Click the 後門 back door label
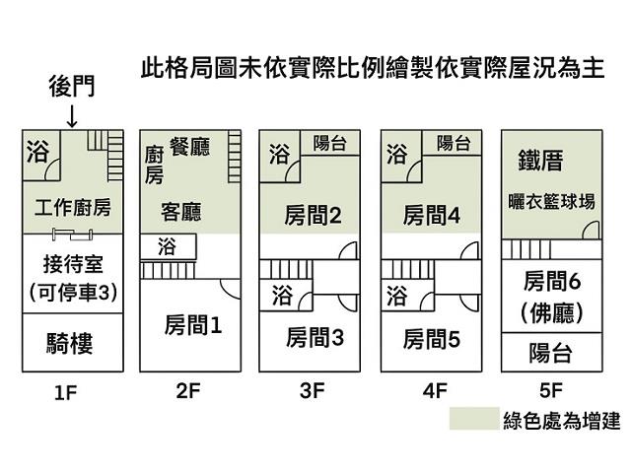(x=73, y=88)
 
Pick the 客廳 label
(x=182, y=211)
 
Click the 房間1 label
(x=192, y=322)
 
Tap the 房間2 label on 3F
(x=313, y=214)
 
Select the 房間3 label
(x=315, y=338)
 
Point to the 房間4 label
(x=432, y=214)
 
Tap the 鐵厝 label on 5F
(x=539, y=161)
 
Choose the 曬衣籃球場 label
(x=552, y=202)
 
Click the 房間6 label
(x=552, y=281)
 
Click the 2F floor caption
(x=188, y=390)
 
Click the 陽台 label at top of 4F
(x=452, y=144)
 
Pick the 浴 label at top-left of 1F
(x=37, y=152)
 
